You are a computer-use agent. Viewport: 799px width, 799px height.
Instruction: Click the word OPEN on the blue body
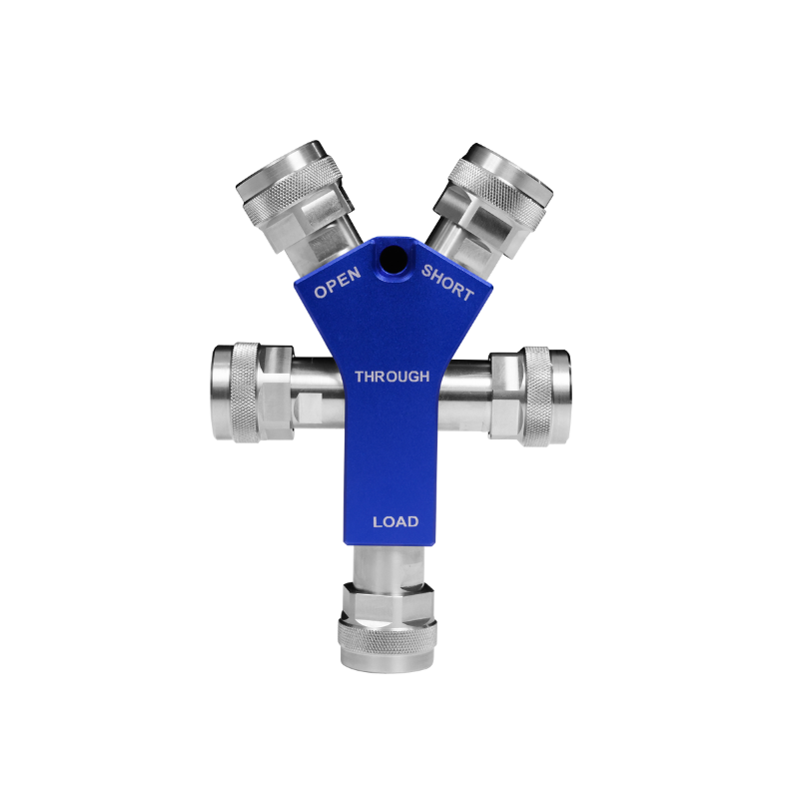(338, 283)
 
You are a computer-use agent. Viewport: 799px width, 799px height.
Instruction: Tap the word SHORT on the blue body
(447, 283)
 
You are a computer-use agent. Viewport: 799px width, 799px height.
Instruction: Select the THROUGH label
(392, 377)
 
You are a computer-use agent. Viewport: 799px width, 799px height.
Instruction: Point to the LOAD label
(396, 521)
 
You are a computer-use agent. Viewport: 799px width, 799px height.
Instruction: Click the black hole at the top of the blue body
(393, 259)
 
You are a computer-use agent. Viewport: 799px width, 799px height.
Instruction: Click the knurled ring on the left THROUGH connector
(247, 392)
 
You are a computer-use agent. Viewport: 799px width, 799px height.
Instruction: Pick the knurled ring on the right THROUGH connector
(536, 397)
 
